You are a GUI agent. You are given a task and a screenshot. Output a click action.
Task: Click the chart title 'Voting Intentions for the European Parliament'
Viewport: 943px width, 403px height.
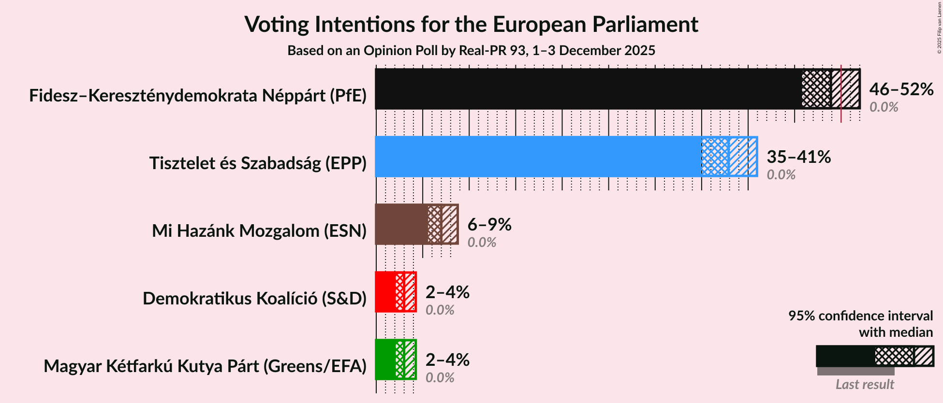471,24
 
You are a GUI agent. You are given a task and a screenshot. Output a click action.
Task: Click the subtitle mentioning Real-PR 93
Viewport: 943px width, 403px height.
471,51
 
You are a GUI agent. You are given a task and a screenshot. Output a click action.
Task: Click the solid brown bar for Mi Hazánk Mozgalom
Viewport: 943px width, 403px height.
401,224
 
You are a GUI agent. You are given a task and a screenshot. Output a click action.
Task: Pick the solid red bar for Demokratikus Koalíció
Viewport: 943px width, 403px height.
385,292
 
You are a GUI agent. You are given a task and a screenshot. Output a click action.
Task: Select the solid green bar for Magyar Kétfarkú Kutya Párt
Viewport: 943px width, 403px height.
385,360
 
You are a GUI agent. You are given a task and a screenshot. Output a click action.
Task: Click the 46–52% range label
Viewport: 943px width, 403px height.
901,89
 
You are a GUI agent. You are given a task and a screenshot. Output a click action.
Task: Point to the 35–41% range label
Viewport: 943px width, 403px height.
798,157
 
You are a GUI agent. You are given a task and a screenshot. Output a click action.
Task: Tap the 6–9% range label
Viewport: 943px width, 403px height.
489,225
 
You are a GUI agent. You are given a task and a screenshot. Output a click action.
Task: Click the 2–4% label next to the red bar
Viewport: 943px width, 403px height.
447,292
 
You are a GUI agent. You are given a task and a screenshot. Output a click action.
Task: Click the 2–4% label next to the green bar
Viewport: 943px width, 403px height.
447,360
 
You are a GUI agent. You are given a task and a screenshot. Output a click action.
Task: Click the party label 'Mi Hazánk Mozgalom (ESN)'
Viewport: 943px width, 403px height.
259,231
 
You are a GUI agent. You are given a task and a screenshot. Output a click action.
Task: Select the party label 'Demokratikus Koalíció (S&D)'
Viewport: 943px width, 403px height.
254,299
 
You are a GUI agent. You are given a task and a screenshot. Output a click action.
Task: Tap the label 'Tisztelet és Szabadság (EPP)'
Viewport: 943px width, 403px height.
258,163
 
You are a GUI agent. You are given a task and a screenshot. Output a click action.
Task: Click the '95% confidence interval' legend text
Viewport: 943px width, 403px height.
860,316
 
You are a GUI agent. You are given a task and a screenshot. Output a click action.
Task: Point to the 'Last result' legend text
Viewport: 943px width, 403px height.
865,385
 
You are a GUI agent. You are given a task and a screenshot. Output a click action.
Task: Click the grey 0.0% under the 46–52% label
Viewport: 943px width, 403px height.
884,107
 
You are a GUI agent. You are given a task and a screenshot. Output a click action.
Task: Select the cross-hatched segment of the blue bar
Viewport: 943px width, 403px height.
715,157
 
